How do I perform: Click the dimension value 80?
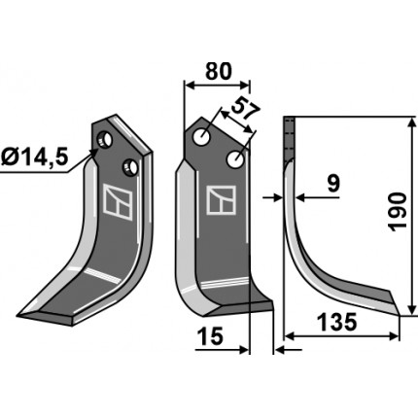[x=219, y=71]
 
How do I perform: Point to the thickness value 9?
[x=333, y=183]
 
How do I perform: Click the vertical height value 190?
[x=398, y=212]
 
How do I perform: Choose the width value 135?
[x=336, y=323]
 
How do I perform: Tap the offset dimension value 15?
[x=210, y=336]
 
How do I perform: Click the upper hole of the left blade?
[x=105, y=140]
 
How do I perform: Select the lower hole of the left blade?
[x=130, y=167]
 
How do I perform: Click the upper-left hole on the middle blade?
[x=201, y=137]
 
